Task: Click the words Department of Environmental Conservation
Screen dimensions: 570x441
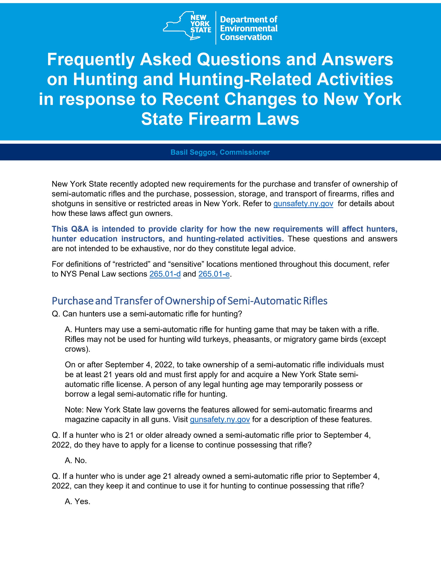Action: [x=248, y=28]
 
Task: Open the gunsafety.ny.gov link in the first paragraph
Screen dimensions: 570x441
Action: [x=303, y=204]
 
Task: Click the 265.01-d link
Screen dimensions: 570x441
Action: [x=165, y=274]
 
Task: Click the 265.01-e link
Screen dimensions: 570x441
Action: [x=214, y=274]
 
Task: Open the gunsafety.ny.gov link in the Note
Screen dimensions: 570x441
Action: [x=220, y=419]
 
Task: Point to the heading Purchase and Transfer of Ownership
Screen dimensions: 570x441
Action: [x=189, y=301]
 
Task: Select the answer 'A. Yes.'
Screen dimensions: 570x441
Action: [x=77, y=501]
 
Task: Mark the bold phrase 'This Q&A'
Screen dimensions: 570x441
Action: [x=70, y=229]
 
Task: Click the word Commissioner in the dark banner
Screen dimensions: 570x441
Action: [x=245, y=152]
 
